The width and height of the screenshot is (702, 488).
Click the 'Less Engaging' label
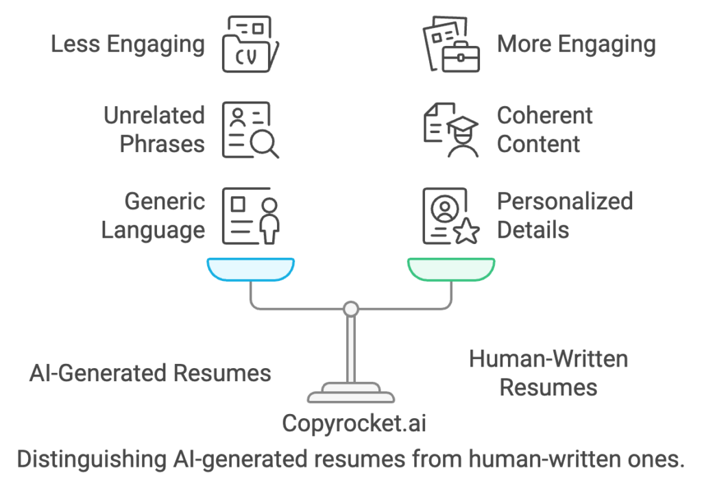tap(128, 45)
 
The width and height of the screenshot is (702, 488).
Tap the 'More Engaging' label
tap(576, 45)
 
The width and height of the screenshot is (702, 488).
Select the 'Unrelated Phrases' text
tap(154, 130)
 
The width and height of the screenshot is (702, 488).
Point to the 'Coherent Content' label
tap(544, 130)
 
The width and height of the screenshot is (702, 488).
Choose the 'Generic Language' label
tap(153, 215)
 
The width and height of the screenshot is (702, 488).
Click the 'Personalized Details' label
tap(564, 215)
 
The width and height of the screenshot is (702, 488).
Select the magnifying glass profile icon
tap(250, 130)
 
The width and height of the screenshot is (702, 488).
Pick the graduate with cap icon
tap(450, 130)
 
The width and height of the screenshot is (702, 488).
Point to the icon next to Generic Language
tap(250, 215)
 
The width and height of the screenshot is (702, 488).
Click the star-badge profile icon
tap(450, 215)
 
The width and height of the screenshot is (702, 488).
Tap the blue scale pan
tap(250, 269)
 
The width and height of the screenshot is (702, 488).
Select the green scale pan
tap(450, 269)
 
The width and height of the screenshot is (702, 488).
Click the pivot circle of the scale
tap(351, 309)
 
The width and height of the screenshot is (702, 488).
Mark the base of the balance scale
tap(351, 394)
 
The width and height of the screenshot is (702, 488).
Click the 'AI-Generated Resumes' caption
tap(150, 373)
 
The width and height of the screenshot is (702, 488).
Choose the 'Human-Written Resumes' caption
tap(548, 373)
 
